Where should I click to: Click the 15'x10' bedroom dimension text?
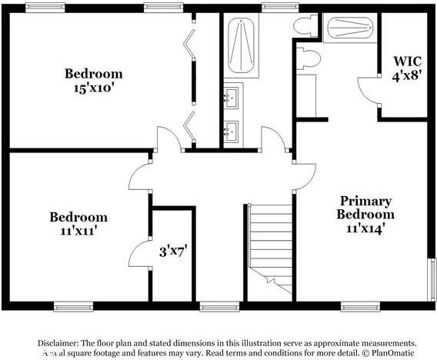click(x=93, y=88)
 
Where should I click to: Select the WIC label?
click(x=407, y=61)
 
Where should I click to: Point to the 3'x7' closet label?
click(x=175, y=250)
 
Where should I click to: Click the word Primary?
click(x=365, y=201)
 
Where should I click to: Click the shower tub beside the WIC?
click(x=350, y=28)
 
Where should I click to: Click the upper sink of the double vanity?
click(x=232, y=98)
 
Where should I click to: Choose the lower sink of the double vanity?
click(x=232, y=132)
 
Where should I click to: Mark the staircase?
click(x=270, y=246)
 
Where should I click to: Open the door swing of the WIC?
click(x=370, y=91)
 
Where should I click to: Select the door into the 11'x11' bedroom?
click(x=140, y=176)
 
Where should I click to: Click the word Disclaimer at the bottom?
click(x=58, y=343)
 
